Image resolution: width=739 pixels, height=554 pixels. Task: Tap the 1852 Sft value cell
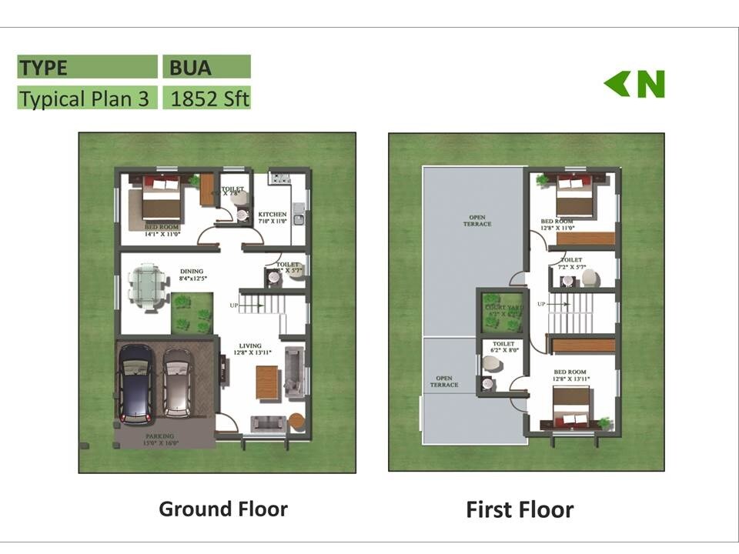[206, 98]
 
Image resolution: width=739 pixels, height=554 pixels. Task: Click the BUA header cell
[206, 67]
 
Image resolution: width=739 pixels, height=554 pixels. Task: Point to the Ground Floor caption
[223, 509]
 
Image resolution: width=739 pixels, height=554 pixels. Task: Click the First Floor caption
[520, 509]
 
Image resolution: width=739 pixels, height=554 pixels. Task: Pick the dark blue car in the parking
[135, 384]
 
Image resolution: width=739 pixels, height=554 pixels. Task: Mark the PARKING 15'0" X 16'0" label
[162, 439]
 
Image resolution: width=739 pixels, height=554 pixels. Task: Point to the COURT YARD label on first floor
[501, 311]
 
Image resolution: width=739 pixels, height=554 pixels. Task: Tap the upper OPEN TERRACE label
[477, 221]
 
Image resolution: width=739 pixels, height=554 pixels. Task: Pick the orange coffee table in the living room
[266, 382]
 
